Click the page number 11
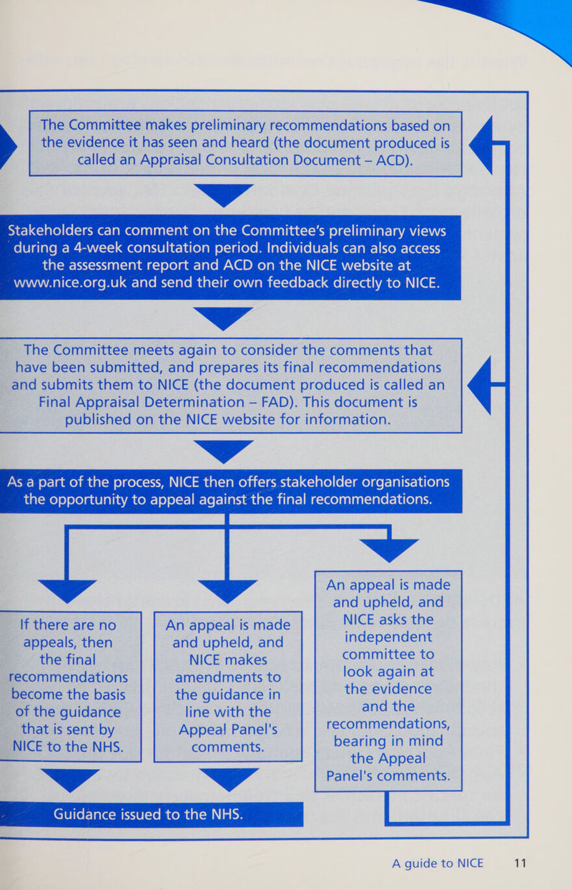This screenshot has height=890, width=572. tap(520, 864)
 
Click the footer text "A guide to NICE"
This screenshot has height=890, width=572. tap(438, 864)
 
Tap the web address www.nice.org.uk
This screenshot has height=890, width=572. tap(70, 283)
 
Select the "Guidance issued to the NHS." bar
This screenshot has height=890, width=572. tap(152, 814)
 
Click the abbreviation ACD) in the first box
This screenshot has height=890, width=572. tap(395, 160)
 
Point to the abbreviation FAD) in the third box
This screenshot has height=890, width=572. tap(280, 402)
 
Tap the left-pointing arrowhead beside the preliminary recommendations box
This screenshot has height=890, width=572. tap(480, 145)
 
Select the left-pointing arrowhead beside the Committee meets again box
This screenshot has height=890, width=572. tap(479, 385)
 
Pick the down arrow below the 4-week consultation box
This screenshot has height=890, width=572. tap(223, 318)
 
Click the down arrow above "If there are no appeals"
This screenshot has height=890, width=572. tap(67, 591)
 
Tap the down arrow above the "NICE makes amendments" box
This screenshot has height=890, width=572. tap(227, 591)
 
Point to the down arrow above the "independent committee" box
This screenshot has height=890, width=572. tap(389, 551)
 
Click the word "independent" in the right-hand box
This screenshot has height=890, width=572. tap(388, 637)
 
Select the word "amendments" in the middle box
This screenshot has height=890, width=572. tap(228, 678)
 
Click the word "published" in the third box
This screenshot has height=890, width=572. tap(98, 419)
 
